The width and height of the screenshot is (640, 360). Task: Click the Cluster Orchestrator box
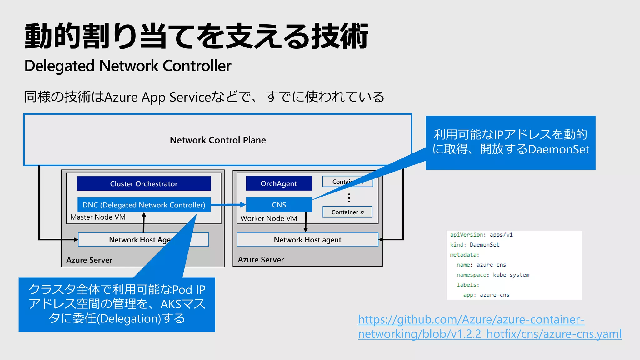144,183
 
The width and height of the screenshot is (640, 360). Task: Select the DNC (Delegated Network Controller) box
144,205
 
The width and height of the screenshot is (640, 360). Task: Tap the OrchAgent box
279,183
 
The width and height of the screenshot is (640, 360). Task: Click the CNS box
279,205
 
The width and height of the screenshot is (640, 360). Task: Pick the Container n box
347,212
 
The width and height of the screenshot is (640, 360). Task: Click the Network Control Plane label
218,140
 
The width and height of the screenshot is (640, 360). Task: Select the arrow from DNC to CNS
228,205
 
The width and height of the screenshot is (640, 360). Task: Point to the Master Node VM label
98,217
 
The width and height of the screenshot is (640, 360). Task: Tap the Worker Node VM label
269,218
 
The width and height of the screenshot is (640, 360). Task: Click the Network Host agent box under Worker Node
307,240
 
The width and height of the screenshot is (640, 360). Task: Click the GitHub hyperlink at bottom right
489,327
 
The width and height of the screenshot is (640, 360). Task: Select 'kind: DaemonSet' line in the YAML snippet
475,245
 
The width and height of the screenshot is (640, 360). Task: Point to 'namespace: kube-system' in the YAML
493,275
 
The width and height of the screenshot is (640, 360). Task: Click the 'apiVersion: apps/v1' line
481,235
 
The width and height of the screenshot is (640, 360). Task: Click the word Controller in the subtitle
197,66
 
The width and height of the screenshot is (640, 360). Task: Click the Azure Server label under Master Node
89,260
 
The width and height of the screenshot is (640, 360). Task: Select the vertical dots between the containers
349,198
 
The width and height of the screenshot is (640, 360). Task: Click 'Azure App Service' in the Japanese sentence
158,97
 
